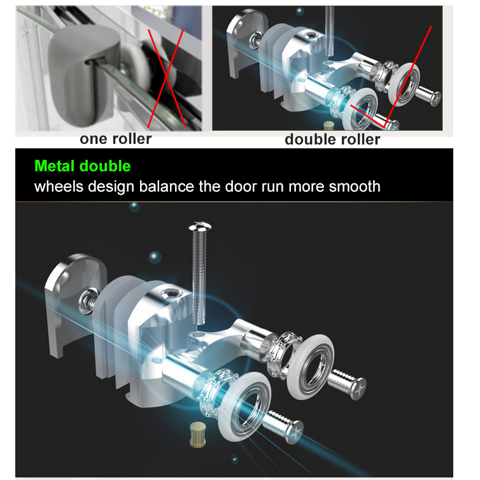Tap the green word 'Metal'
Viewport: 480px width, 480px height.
pos(55,166)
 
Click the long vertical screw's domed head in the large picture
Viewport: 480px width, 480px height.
pos(200,227)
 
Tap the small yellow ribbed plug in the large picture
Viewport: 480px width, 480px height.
pos(197,434)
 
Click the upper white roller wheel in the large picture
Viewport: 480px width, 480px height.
pos(310,367)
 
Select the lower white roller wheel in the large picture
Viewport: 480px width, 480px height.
pos(245,406)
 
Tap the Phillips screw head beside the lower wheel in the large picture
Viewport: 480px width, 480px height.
pos(295,432)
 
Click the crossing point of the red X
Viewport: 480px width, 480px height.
pos(166,75)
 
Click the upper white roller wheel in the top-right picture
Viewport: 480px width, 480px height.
pos(404,85)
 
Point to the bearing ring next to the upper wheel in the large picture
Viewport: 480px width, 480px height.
pos(285,355)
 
